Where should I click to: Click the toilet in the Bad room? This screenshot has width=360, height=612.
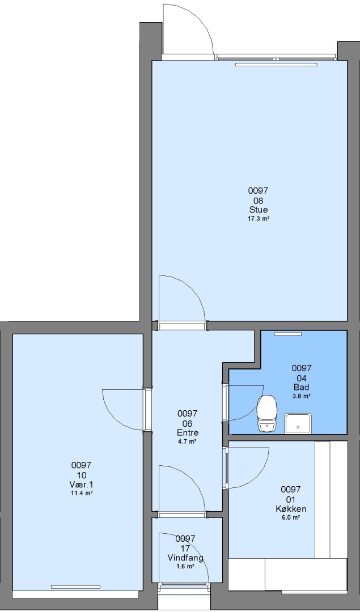(x=266, y=413)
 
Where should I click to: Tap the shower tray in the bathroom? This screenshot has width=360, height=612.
(x=298, y=423)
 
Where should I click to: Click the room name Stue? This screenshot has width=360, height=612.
(x=258, y=210)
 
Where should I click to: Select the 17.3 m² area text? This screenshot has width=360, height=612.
(x=258, y=219)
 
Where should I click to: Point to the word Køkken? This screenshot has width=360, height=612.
(x=290, y=508)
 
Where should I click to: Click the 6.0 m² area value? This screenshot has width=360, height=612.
(x=290, y=517)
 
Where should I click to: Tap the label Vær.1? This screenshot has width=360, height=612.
(x=81, y=484)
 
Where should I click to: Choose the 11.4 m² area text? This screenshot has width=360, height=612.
(x=81, y=494)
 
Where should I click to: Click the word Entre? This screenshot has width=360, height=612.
(x=188, y=432)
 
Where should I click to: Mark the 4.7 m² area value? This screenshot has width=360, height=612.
(x=187, y=441)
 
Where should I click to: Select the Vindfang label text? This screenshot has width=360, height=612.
(x=185, y=558)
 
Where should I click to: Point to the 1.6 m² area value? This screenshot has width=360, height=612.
(x=185, y=566)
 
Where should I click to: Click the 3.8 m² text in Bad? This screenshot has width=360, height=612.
(x=302, y=396)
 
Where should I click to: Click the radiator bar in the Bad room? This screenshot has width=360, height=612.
(x=288, y=334)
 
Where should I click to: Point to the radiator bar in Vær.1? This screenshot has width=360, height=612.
(x=75, y=586)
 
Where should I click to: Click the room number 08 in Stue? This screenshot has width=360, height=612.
(x=258, y=201)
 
